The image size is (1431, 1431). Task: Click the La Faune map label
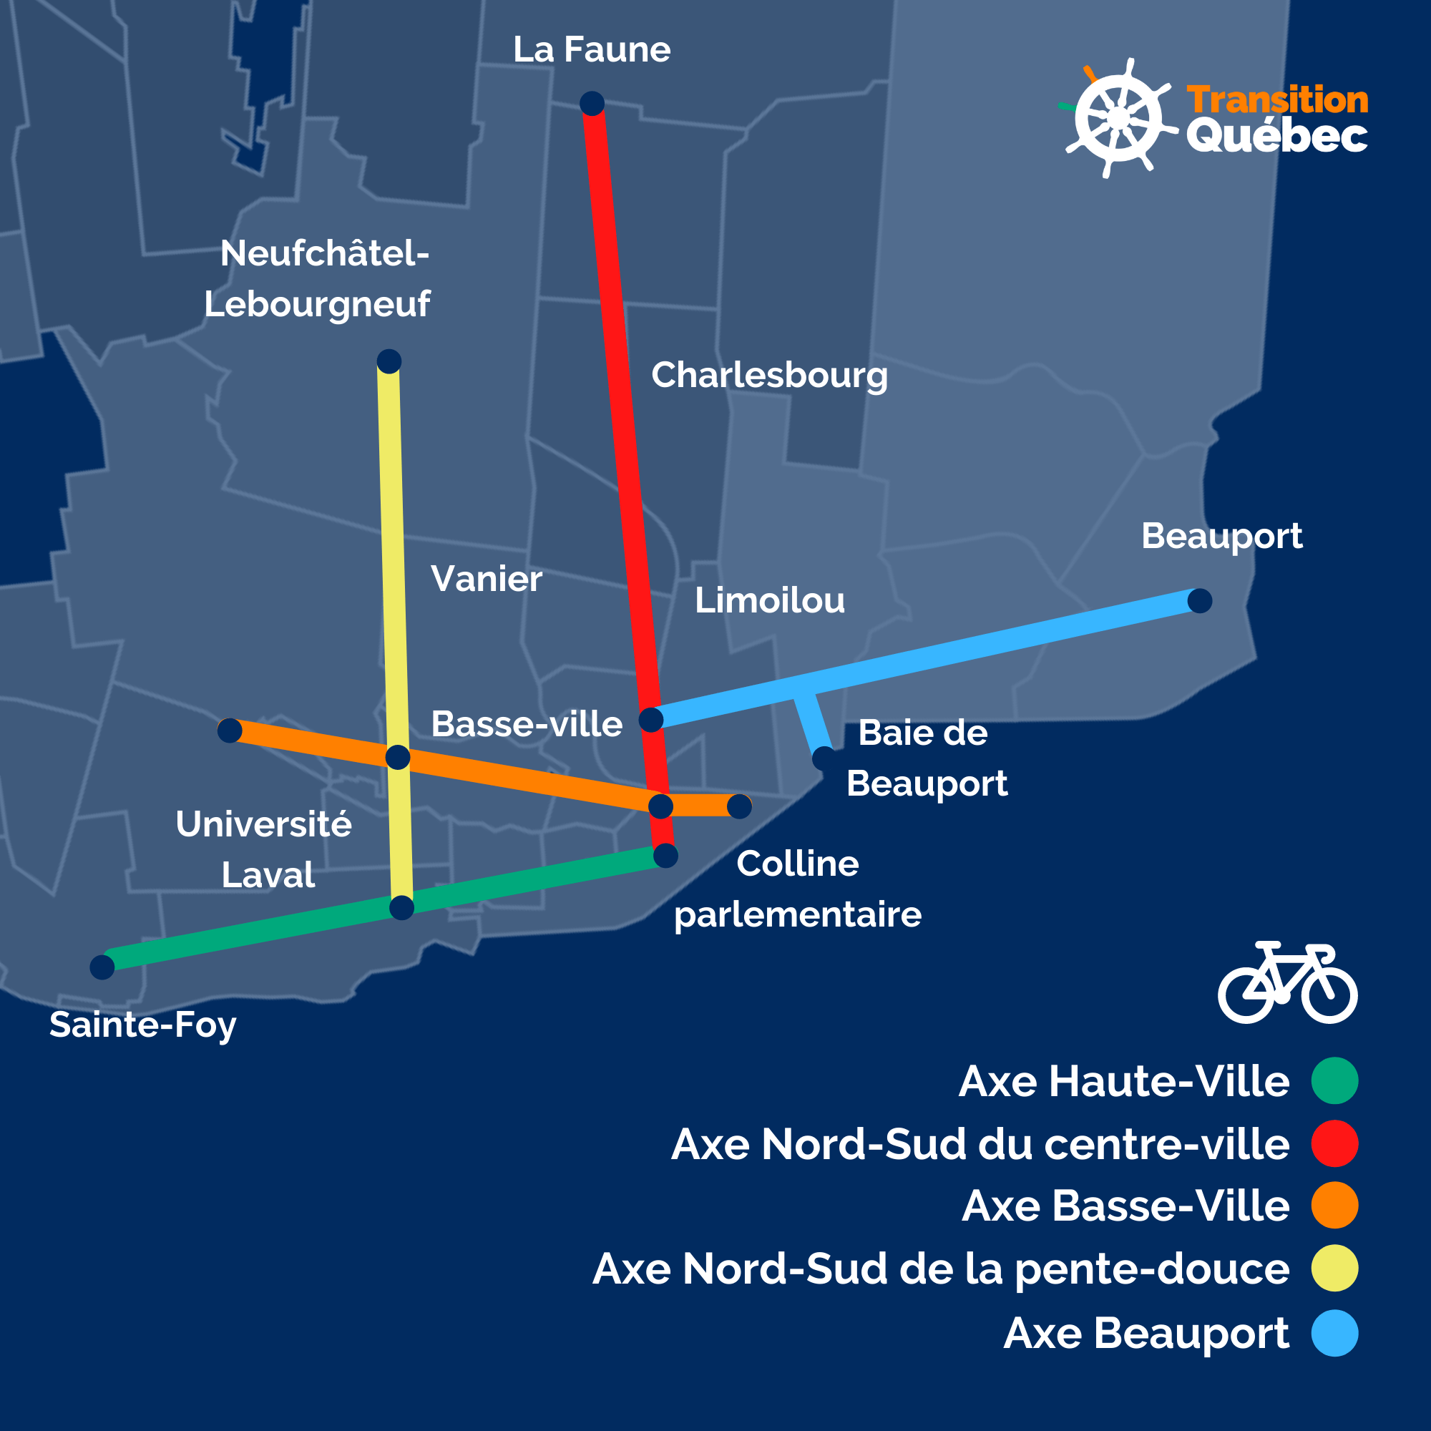coord(592,50)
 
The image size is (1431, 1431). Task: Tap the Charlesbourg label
coord(769,375)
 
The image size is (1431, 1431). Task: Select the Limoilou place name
coord(770,601)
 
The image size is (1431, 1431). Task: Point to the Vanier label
coord(486,580)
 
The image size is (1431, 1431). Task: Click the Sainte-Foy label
coord(143,1025)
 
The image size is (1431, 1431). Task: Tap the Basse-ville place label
coord(527,724)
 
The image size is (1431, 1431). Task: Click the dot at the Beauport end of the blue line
coord(1200,601)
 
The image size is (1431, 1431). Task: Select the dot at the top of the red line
coord(592,104)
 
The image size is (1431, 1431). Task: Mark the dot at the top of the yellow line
coord(389,361)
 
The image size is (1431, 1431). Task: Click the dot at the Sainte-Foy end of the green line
coord(102,967)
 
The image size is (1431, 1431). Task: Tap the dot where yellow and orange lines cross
coord(398,757)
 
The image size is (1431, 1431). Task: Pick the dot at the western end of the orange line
coord(230,731)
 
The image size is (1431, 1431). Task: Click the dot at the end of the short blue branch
coord(824,758)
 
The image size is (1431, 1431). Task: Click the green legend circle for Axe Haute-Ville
coord(1334,1080)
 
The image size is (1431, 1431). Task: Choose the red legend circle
coord(1334,1143)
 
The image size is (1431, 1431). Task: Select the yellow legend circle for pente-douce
coord(1334,1269)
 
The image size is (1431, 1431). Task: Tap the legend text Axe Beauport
coord(1146,1333)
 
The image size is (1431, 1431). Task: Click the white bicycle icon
coord(1287,983)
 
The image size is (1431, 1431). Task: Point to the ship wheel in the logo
coord(1118,119)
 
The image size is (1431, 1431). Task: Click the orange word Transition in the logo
coord(1278,100)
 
